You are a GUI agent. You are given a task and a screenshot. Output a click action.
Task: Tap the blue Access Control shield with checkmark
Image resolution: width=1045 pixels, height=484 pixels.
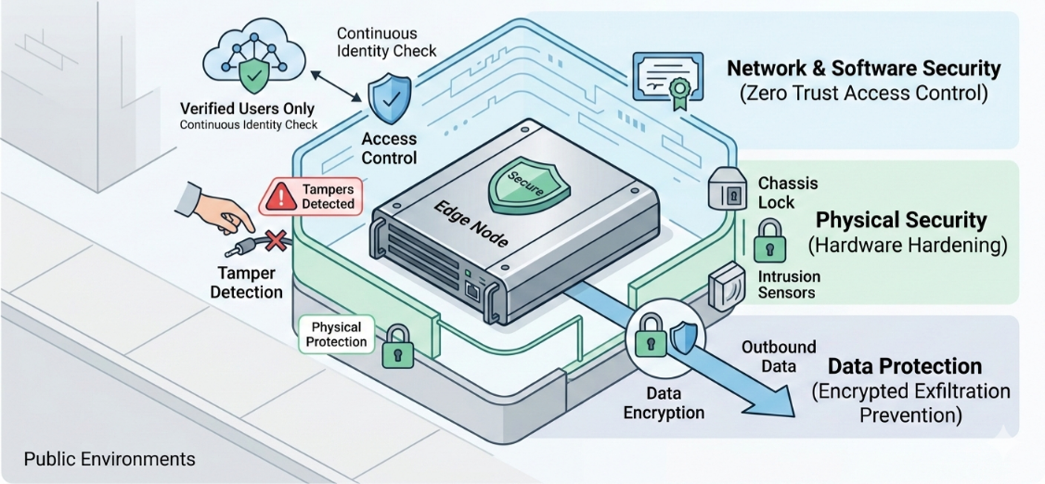[388, 99]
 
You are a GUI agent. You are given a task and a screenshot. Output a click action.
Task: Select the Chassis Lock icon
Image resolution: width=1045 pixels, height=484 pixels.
[728, 191]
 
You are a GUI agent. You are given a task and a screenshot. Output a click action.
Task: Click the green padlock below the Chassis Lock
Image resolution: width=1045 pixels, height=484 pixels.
[768, 241]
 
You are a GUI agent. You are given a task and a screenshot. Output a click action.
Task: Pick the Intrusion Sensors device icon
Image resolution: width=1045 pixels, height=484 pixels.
[726, 286]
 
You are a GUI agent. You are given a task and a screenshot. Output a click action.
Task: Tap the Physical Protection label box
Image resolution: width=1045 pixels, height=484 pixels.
[336, 335]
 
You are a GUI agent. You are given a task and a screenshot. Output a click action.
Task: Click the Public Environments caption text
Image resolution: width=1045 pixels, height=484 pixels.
[110, 459]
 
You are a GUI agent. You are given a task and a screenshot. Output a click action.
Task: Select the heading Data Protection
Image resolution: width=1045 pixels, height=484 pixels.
[904, 365]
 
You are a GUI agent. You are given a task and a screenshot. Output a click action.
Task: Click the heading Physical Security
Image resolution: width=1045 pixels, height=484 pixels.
[900, 221]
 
